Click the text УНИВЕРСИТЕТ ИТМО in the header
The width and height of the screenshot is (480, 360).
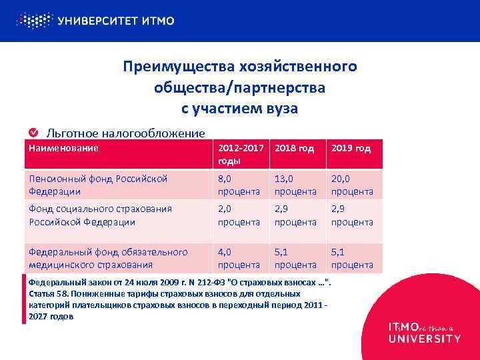(116, 21)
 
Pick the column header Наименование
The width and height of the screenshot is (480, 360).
(63, 148)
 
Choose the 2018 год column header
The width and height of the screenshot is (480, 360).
(294, 148)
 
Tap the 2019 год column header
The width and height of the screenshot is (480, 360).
(351, 148)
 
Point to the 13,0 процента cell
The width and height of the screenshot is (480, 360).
(294, 185)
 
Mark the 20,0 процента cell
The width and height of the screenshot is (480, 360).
(352, 185)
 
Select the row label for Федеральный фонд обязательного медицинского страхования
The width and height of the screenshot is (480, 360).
(107, 258)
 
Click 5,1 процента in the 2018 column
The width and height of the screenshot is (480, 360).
(294, 258)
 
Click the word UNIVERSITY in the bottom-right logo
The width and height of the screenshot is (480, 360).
(424, 339)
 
